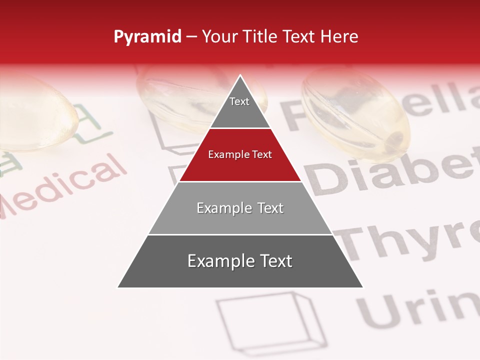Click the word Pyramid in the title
[147, 37]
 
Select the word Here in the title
[339, 36]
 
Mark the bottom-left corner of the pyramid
[118, 287]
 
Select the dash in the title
[191, 37]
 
